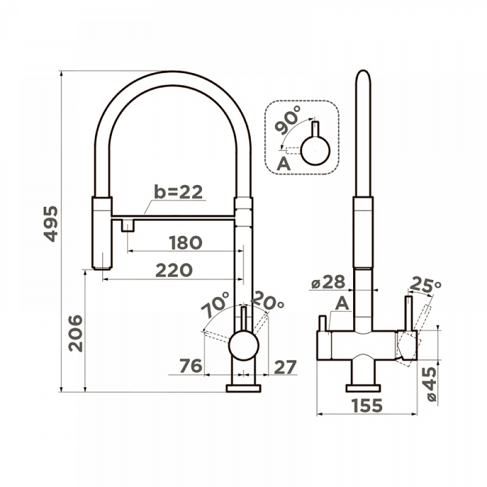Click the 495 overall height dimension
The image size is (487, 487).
point(51,223)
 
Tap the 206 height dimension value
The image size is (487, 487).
point(75,333)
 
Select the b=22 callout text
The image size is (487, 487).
point(178,192)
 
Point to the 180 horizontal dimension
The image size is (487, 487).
point(186,242)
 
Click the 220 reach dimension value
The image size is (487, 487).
point(174,270)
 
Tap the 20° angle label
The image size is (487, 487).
point(267,300)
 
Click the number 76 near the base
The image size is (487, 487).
point(191,366)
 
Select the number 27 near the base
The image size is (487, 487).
point(286,368)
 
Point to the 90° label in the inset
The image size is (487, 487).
point(288,120)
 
